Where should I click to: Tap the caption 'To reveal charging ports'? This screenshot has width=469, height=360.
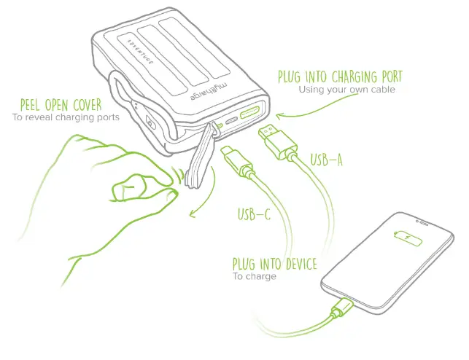coord(66,116)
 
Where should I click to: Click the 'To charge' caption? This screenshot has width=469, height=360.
coord(255,277)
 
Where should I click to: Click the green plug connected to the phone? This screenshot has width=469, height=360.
coord(339,309)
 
